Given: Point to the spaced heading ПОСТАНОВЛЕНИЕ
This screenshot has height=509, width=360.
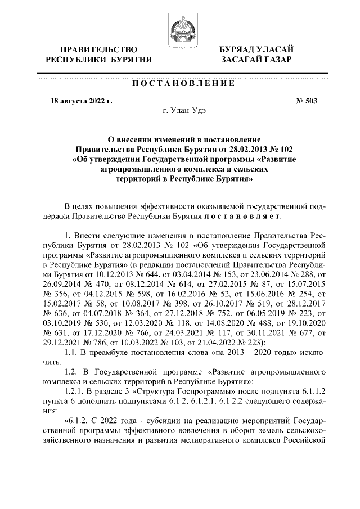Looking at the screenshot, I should pyautogui.click(x=183, y=84).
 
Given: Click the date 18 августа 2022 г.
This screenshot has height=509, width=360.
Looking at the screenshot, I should pyautogui.click(x=82, y=102).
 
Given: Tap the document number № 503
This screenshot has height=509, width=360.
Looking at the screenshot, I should pyautogui.click(x=306, y=102).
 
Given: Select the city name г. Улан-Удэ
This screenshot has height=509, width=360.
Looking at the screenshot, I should pyautogui.click(x=183, y=111).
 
